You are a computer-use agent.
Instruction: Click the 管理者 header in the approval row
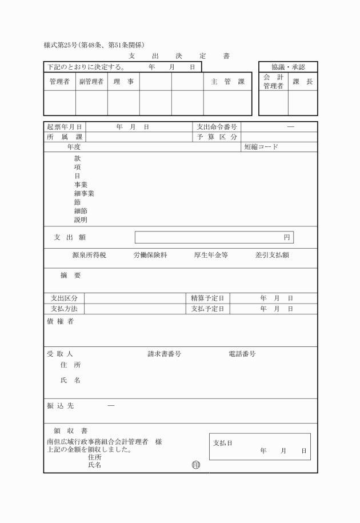(59, 82)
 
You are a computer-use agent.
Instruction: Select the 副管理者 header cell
(91, 82)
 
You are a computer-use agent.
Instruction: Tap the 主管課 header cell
(227, 82)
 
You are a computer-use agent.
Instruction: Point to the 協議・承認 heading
(288, 67)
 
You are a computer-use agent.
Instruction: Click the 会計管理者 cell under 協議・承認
(273, 82)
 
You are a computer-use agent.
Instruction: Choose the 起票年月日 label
(65, 127)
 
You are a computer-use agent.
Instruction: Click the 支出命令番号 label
(217, 127)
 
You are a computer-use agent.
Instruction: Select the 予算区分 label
(217, 137)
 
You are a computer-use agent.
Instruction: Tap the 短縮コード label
(261, 147)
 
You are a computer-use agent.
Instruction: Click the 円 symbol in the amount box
(287, 237)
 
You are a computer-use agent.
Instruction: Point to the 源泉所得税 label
(89, 255)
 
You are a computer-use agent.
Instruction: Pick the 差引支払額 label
(272, 255)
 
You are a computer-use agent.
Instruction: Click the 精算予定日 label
(210, 298)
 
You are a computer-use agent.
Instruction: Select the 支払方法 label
(64, 309)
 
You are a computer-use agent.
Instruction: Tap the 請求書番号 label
(165, 354)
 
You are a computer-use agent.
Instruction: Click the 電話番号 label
(242, 354)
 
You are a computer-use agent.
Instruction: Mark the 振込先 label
(60, 405)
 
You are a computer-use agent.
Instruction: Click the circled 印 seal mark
(196, 465)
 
